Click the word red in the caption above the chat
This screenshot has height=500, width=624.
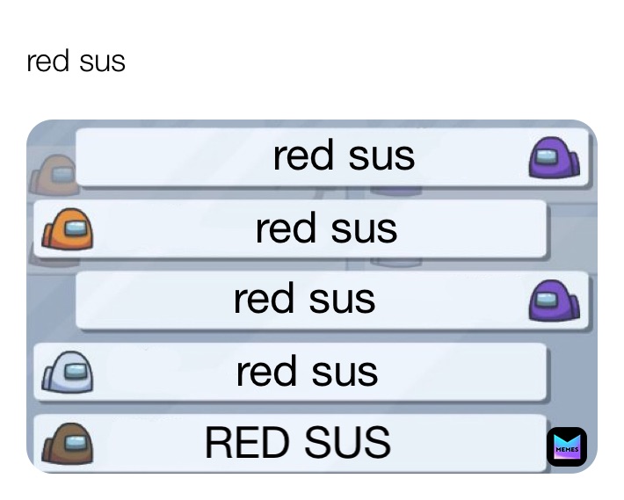click(42, 62)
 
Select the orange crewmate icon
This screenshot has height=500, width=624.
click(68, 232)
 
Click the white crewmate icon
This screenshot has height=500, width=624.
click(67, 373)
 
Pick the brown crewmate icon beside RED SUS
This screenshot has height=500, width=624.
click(68, 442)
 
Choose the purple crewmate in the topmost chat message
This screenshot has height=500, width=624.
click(554, 160)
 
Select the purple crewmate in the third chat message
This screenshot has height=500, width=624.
click(554, 301)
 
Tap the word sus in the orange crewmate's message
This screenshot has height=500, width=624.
click(363, 230)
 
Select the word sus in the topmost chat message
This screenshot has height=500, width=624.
click(381, 157)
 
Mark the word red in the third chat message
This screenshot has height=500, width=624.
click(263, 300)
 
